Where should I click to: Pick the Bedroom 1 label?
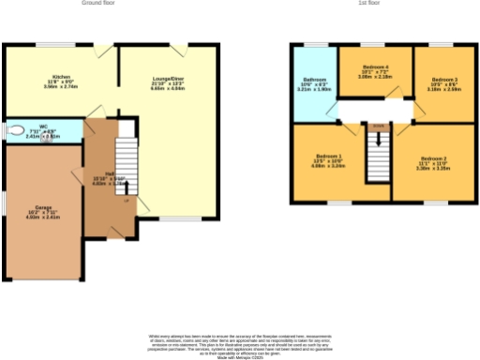pos(328,161)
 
